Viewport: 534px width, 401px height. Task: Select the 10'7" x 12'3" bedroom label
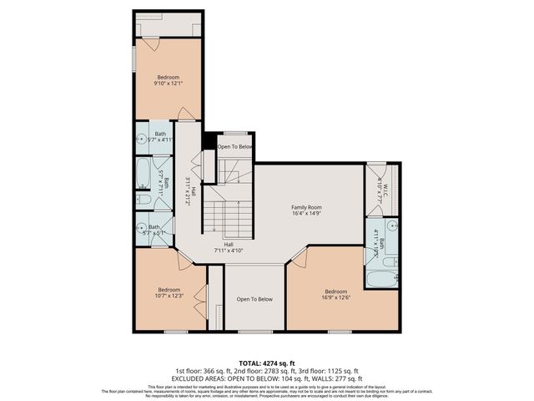click(x=168, y=292)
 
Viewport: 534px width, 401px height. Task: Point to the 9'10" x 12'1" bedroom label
click(x=168, y=80)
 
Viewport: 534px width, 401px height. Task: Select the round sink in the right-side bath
click(x=393, y=226)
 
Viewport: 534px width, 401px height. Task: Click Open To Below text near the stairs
click(x=234, y=147)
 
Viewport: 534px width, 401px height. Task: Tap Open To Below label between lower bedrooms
click(x=254, y=299)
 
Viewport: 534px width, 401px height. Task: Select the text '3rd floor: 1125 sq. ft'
click(x=330, y=371)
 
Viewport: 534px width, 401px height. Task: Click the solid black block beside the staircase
click(x=209, y=141)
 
